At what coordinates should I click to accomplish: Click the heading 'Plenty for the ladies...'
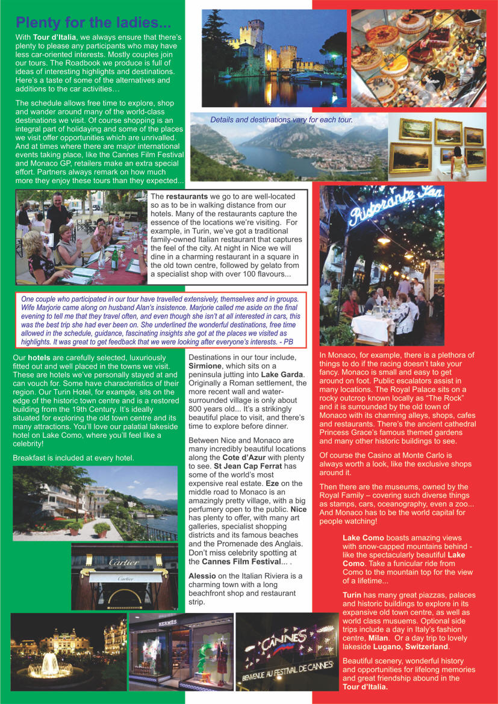tap(93, 23)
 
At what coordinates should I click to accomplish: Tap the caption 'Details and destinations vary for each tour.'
tap(281, 120)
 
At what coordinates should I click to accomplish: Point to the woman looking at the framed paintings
tap(459, 159)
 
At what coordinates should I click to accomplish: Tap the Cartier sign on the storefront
tap(124, 562)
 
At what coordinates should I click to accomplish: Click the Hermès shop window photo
tap(181, 651)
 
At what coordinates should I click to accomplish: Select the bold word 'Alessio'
tap(202, 576)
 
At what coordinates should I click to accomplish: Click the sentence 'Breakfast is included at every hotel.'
tap(73, 458)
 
